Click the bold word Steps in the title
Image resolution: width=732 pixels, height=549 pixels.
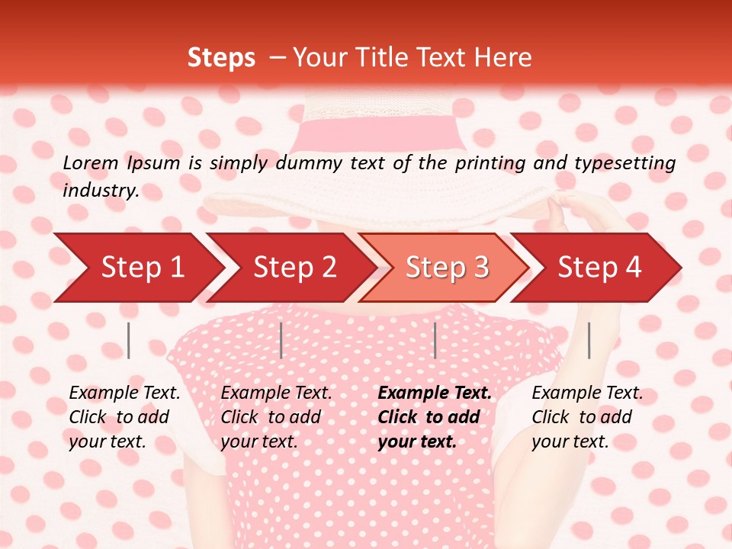[221, 58]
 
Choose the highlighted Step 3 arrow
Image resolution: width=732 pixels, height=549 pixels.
[447, 267]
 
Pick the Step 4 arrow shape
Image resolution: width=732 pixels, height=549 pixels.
[599, 267]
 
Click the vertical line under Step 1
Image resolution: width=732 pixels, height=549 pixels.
[129, 340]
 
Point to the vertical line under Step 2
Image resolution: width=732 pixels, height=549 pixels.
[281, 340]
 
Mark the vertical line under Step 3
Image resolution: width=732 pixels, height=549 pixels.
[435, 340]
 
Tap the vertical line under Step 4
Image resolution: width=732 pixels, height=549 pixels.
[589, 340]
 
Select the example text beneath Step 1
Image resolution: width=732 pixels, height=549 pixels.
[124, 417]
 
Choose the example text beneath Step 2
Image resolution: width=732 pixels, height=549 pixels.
[276, 417]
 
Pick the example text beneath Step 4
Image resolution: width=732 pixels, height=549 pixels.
[587, 417]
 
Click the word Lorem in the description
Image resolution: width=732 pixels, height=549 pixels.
[91, 162]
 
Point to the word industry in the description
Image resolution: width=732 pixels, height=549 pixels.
[100, 191]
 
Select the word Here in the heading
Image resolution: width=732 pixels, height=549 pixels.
[502, 58]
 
